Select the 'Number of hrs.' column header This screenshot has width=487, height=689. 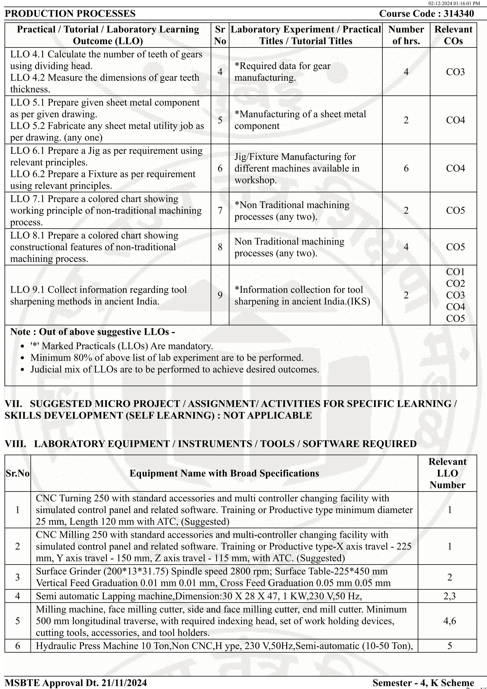click(406, 35)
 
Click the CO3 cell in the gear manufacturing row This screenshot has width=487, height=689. click(455, 72)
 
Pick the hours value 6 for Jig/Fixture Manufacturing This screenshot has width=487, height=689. click(406, 168)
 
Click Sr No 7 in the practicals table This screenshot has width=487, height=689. click(220, 210)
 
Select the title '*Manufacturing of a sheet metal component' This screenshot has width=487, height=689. click(300, 120)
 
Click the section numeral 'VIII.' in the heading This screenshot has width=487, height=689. click(15, 444)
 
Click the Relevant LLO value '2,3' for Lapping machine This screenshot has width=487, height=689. click(449, 596)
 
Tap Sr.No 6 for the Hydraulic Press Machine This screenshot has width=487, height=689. click(17, 645)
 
